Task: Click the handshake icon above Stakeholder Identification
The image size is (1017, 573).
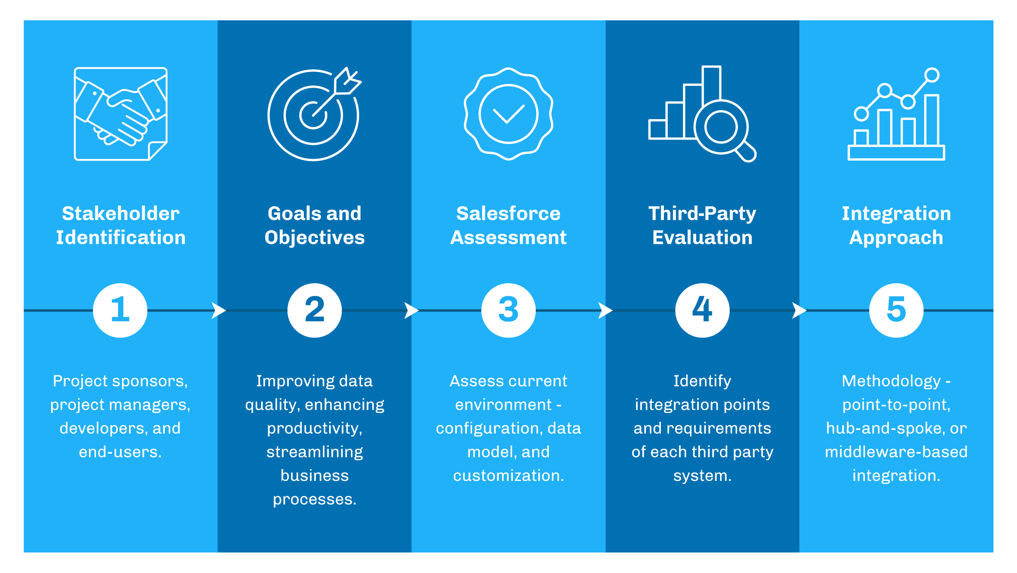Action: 120,114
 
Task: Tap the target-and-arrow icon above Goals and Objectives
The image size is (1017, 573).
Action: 313,115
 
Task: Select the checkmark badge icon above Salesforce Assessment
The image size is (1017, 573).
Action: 508,114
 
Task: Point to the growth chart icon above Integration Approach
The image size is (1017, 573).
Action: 896,115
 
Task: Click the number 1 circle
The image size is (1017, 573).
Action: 120,310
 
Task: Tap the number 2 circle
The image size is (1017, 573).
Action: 314,310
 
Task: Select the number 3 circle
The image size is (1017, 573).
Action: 508,310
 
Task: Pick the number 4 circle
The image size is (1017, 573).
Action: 702,310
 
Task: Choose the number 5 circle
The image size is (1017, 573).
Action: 896,310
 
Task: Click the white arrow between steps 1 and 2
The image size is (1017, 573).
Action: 218,310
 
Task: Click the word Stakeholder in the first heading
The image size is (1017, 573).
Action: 120,213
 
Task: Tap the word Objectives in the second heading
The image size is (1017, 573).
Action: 314,237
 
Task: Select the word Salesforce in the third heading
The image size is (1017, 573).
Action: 508,213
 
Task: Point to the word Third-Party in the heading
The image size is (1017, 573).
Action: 702,213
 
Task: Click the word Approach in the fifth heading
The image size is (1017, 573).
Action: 896,237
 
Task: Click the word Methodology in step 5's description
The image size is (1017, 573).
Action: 891,381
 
